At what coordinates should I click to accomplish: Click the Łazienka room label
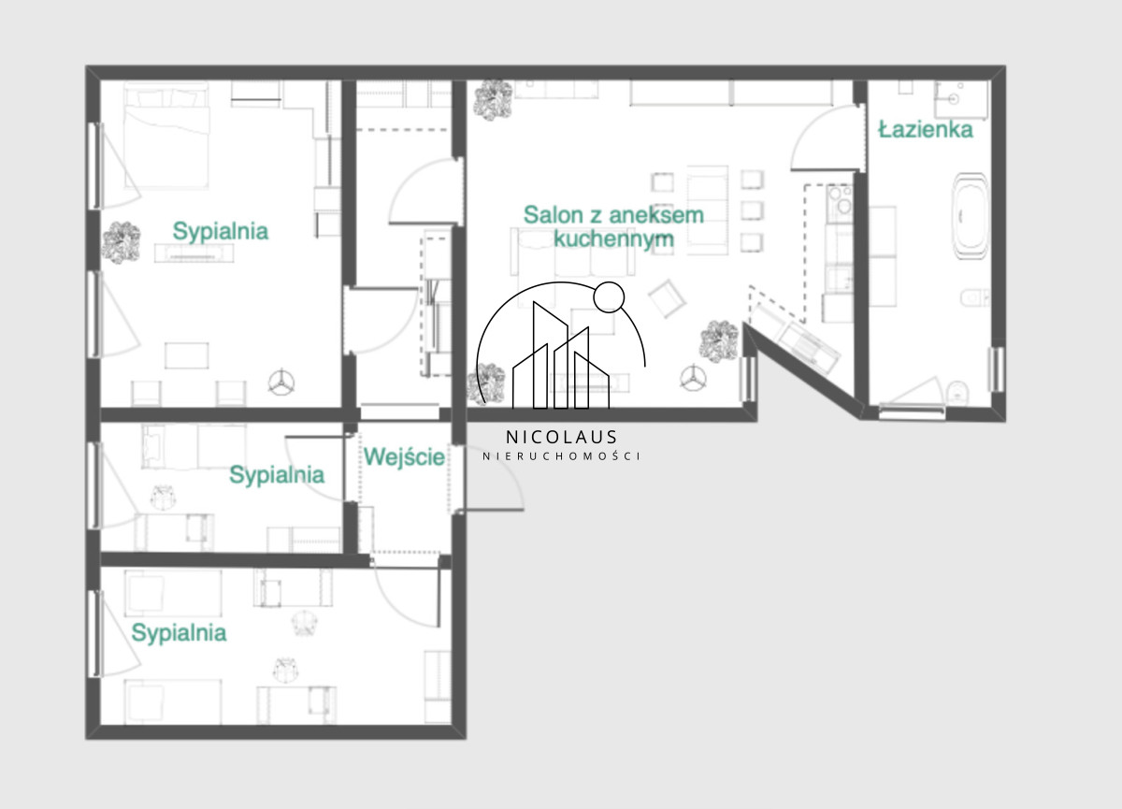point(926,129)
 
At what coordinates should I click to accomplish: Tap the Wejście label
point(404,456)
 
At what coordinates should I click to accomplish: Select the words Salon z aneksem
point(613,215)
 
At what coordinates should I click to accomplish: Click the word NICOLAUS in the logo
point(561,437)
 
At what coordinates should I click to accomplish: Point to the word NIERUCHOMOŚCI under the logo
point(562,455)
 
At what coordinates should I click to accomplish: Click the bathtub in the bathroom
point(971,216)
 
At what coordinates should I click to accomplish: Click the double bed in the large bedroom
point(166,136)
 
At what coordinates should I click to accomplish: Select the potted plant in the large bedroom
point(121,243)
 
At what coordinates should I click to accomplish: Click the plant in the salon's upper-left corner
point(494,100)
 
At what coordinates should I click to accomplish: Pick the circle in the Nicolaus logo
point(609,297)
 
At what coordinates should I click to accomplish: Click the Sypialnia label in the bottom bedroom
point(179,633)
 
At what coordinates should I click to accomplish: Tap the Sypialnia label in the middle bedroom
point(277,475)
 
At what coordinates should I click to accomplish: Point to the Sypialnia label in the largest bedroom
point(221,231)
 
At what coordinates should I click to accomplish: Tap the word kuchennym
point(613,239)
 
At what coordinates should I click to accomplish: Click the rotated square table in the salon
point(667,298)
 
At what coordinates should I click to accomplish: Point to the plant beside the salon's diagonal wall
point(720,340)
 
